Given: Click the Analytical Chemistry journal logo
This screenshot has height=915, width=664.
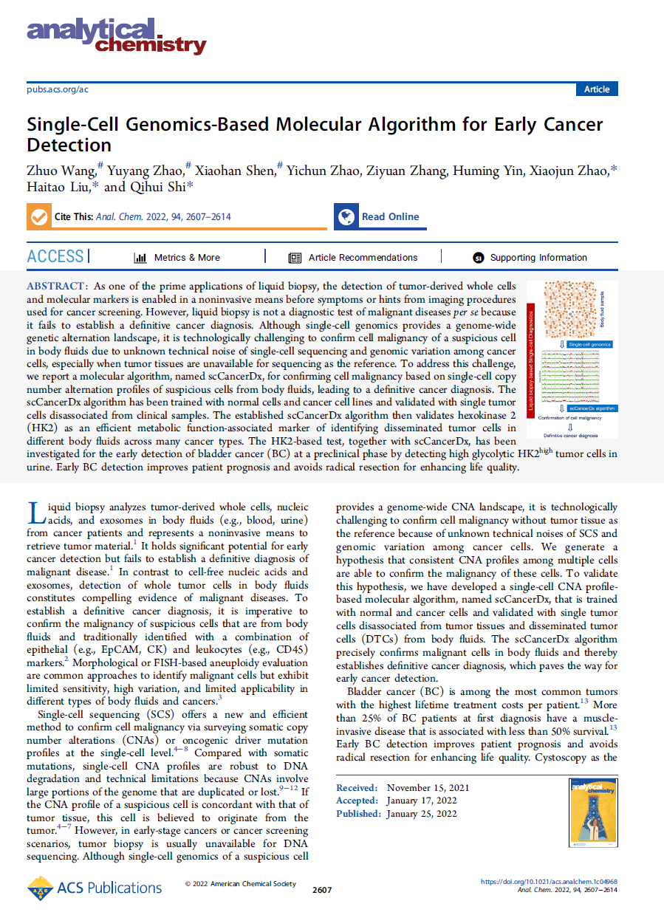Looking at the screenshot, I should coord(117,36).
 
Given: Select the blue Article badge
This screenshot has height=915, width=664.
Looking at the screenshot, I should coord(596,89).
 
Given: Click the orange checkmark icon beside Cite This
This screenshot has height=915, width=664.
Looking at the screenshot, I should coord(38,217).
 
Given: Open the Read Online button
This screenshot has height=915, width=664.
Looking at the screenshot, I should coord(379,217).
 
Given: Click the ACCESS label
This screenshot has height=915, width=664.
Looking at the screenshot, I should coord(55,257).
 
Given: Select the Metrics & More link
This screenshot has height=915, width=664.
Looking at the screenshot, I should coord(177,258).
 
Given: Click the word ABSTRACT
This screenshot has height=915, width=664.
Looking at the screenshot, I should coord(58,286).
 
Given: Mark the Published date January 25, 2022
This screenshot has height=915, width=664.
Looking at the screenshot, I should coord(422,813).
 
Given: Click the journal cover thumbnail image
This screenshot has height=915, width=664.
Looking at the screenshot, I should coord(593,813).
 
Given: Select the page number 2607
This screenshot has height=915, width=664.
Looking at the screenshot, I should coord(322,890).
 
